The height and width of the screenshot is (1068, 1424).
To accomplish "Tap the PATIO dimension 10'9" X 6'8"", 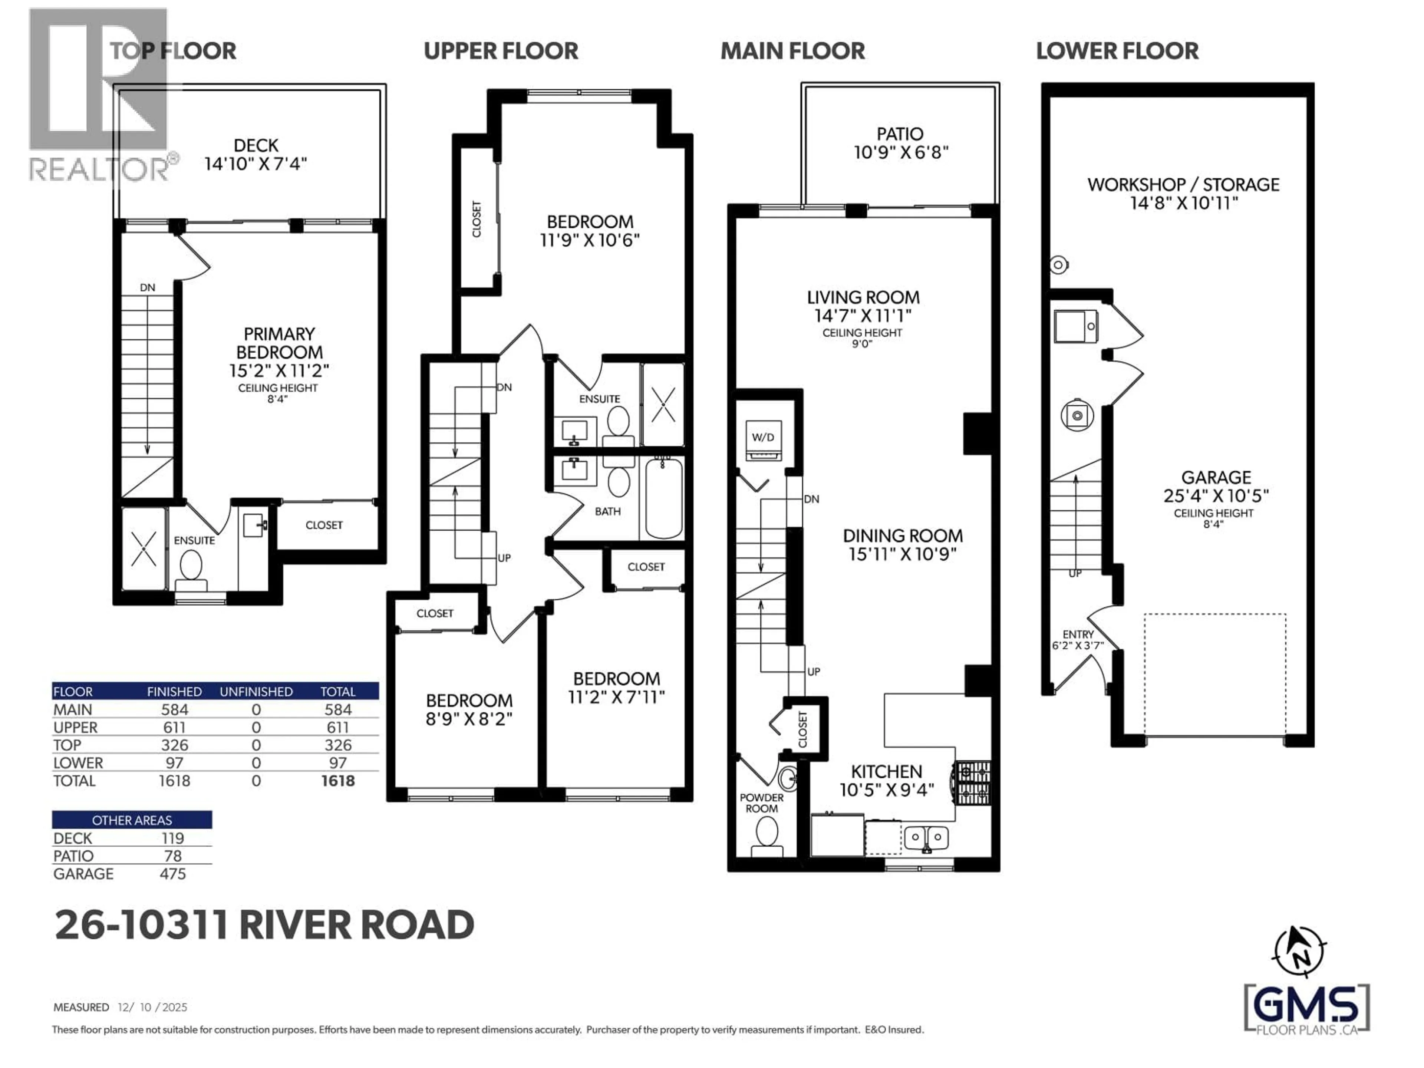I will tap(901, 152).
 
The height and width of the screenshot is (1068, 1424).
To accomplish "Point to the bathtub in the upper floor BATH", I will tap(664, 498).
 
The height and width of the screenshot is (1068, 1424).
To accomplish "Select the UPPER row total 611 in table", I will tap(337, 728).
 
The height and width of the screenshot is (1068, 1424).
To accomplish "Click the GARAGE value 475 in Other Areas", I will tap(172, 874).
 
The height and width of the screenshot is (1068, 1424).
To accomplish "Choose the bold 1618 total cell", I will tap(337, 781).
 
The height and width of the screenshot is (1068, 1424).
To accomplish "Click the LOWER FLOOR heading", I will tap(1117, 51).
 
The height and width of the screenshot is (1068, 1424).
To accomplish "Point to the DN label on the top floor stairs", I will tap(148, 288).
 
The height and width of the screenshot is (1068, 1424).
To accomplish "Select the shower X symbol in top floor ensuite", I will tap(143, 549).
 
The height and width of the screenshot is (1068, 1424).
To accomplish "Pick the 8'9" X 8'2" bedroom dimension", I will tap(469, 718).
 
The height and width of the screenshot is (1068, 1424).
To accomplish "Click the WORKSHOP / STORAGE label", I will tap(1183, 185).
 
